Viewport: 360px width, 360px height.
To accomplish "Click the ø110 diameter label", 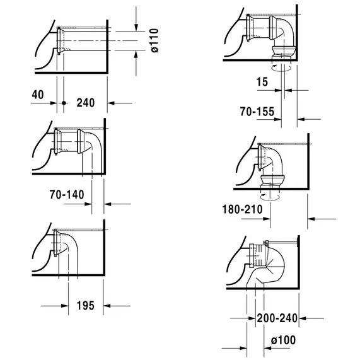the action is click(x=155, y=40).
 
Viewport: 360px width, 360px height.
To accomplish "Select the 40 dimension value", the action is click(x=38, y=95).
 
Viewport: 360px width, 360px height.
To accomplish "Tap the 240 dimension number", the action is click(x=86, y=103).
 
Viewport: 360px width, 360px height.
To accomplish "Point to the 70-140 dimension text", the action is click(x=67, y=195).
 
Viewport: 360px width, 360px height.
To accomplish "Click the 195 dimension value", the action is click(x=85, y=306).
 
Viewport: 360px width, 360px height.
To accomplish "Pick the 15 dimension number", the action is click(x=262, y=82).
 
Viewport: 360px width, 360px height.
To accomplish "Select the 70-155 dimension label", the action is click(x=257, y=112).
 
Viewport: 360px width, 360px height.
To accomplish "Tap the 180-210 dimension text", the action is click(x=243, y=209).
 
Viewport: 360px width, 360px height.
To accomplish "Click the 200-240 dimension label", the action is click(x=277, y=318).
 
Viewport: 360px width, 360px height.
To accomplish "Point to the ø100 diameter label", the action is click(x=283, y=340).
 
